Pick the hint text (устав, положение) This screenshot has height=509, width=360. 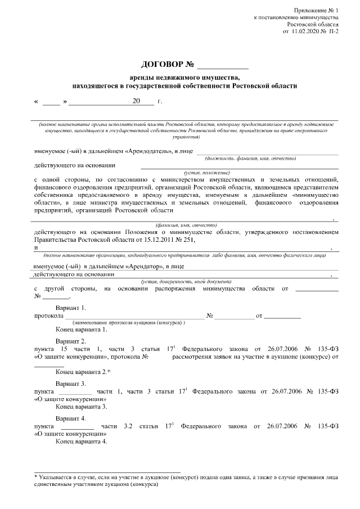tap(208, 172)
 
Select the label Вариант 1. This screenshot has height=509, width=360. tap(71, 308)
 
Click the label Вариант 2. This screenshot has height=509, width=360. tap(71, 341)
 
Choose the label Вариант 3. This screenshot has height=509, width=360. tap(71, 382)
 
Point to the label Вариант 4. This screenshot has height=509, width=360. tap(71, 418)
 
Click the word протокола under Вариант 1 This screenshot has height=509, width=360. tap(48, 316)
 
